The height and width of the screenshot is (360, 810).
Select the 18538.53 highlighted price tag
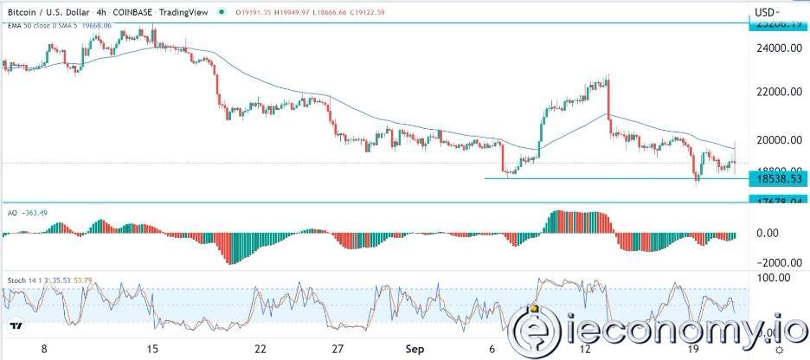(x=777, y=178)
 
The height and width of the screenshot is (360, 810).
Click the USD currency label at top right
(x=767, y=12)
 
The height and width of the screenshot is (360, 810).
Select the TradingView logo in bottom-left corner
(x=16, y=327)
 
